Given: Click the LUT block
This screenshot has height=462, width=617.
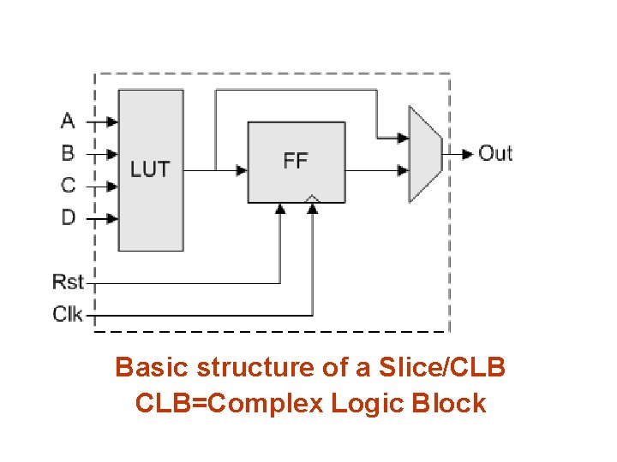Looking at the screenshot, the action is point(151,170).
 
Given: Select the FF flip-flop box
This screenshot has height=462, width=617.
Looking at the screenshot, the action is point(297,163).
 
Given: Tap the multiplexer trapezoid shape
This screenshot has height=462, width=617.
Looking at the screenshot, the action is point(426,154).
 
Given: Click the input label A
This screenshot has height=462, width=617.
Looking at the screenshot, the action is point(68,121).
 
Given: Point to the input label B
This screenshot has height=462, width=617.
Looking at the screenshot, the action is point(68,153).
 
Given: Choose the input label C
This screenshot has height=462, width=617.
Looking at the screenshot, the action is point(68,185).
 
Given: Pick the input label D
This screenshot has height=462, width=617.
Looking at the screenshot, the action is point(69,217).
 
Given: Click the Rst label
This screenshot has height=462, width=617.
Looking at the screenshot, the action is point(68,281).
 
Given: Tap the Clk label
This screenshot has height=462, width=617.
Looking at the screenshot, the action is point(68,314).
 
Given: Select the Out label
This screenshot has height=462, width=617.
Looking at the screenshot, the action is point(495,153).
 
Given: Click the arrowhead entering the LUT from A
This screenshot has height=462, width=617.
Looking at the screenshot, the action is point(112,121).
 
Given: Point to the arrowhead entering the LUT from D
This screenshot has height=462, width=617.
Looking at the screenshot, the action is point(112,218).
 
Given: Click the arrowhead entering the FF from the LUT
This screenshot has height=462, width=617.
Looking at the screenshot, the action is point(242,170).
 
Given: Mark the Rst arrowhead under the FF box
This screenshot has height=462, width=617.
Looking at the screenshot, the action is point(280,209).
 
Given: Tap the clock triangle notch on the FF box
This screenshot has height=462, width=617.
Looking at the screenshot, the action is point(313,198).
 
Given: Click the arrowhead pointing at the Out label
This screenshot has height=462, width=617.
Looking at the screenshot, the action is point(468,154).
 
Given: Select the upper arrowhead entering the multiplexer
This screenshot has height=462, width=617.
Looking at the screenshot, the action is point(404,138).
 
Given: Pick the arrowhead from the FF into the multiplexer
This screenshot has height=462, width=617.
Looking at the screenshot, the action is point(404,170).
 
